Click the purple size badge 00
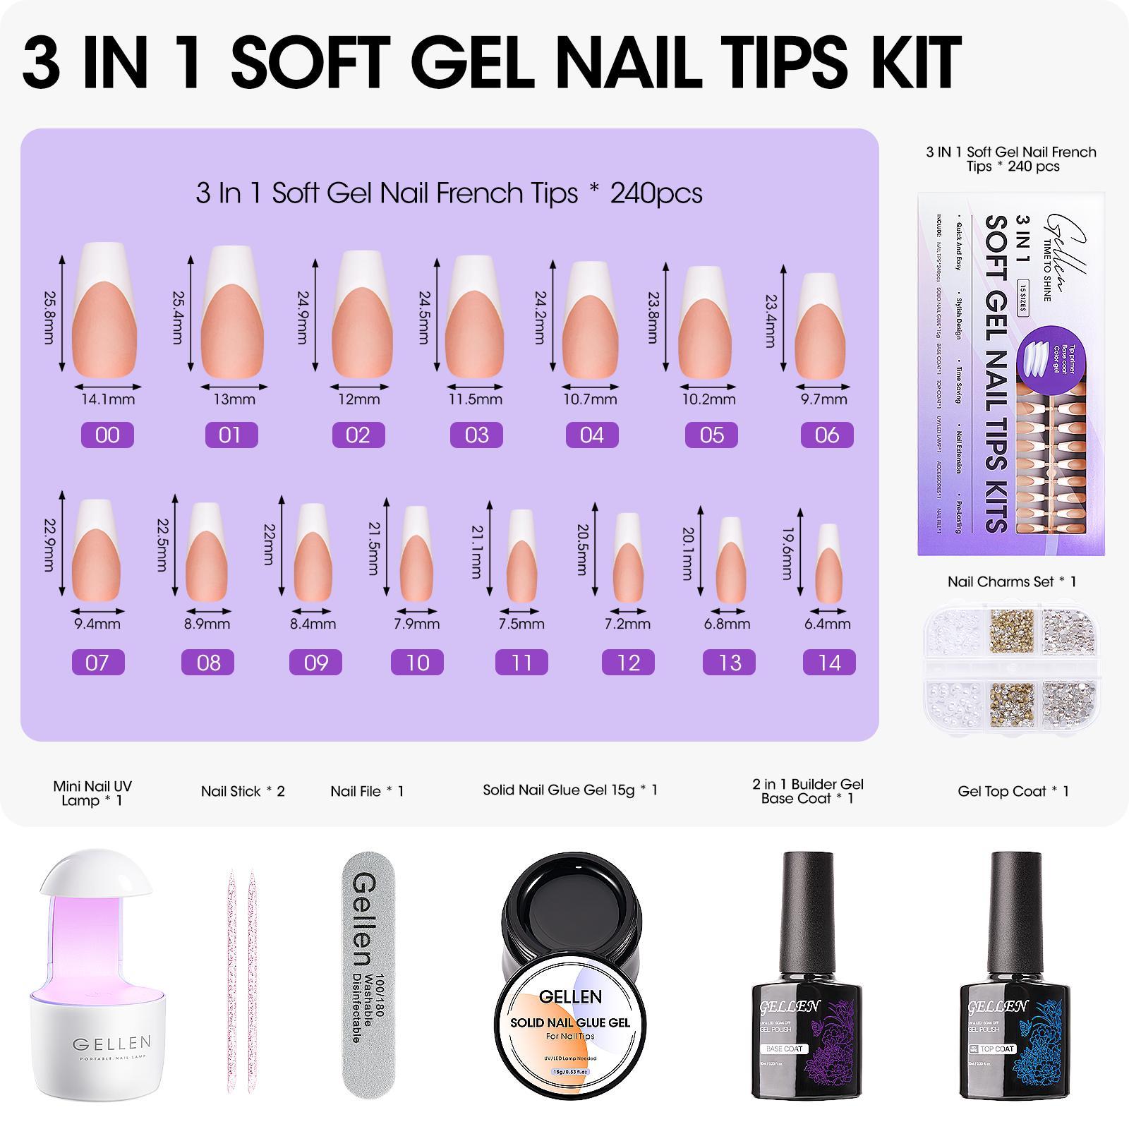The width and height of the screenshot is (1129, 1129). click(x=107, y=435)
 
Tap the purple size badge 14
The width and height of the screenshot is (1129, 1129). click(x=829, y=663)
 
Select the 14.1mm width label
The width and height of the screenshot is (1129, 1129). click(x=107, y=399)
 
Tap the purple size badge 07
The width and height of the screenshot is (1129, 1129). click(x=97, y=663)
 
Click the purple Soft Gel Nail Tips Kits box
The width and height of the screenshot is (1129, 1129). click(x=1010, y=374)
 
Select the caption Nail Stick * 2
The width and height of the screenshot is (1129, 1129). click(x=243, y=791)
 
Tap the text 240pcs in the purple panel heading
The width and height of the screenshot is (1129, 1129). click(x=656, y=193)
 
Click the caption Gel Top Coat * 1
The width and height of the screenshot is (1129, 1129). click(x=1013, y=791)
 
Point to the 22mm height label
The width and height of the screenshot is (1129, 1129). click(x=268, y=543)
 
